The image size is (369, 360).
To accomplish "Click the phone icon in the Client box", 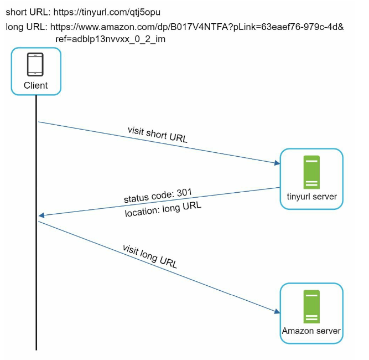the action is tap(35, 64).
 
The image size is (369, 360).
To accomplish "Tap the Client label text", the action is tap(36, 85).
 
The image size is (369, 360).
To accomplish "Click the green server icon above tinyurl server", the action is tap(311, 172).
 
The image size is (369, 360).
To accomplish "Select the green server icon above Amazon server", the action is tap(311, 306).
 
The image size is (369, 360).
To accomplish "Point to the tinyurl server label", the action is tap(312, 197).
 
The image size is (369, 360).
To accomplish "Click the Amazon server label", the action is tap(311, 331).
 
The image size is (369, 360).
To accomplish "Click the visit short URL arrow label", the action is tap(158, 135).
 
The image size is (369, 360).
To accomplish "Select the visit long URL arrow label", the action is tap(150, 256).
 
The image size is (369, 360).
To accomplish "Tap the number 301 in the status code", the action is tap(185, 193).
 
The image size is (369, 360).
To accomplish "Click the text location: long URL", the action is tap(163, 209).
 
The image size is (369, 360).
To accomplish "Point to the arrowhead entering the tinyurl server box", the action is tap(277, 163).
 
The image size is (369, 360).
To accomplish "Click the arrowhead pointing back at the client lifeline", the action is tap(41, 215).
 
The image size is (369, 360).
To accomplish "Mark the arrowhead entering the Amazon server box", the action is tap(277, 311).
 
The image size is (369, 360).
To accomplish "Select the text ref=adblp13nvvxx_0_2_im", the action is tap(111, 39).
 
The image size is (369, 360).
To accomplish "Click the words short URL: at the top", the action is tap(28, 12).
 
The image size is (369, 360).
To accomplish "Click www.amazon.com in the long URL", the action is tap(115, 27).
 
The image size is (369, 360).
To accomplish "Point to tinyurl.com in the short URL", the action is tap(103, 12).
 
